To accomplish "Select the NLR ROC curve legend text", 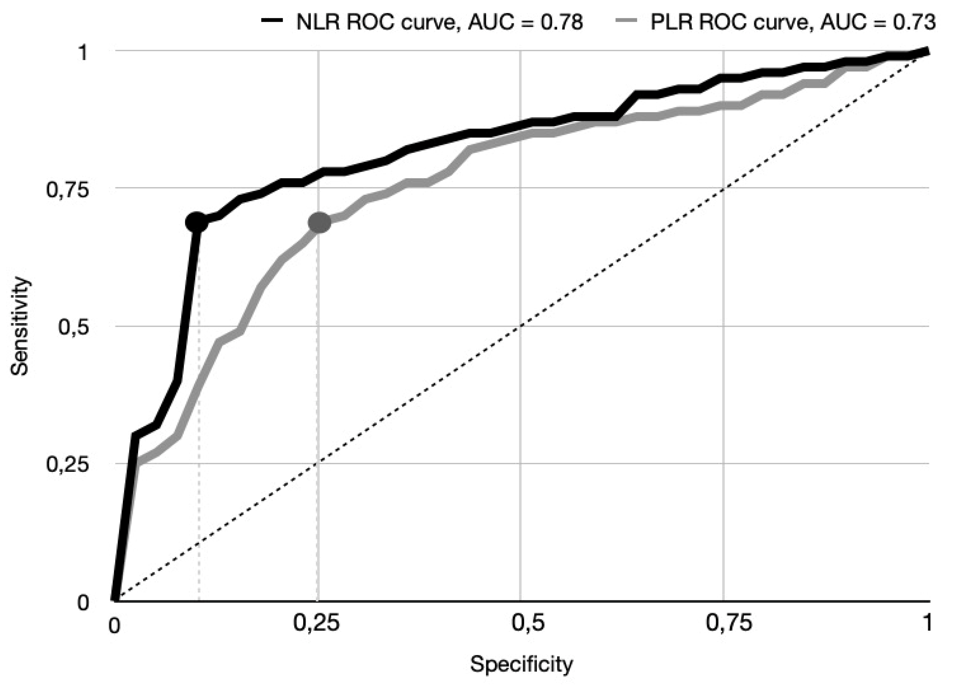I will tap(440, 22).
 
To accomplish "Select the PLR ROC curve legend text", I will tap(793, 22).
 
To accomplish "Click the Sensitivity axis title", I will tap(20, 326).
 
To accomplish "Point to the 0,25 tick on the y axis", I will tap(67, 465).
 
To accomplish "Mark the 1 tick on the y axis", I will tap(83, 52).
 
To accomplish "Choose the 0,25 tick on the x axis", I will tap(316, 623).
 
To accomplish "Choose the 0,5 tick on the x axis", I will tap(522, 623).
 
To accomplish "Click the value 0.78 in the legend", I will tap(561, 22).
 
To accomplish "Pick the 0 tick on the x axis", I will tap(114, 626).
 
